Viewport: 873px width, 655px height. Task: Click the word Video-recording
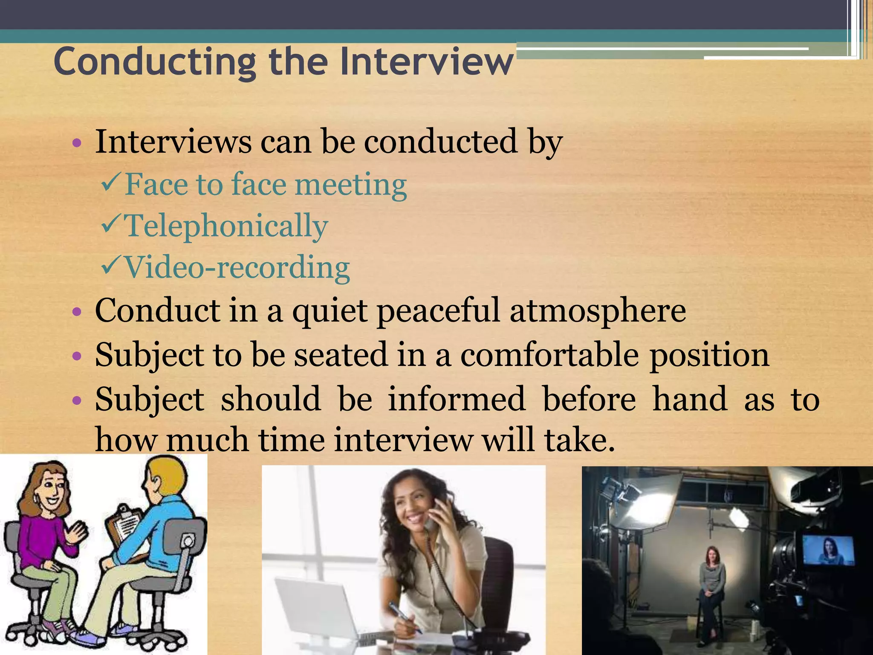(237, 268)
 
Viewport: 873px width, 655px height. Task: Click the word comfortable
(549, 355)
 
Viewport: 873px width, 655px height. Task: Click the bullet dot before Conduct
(77, 312)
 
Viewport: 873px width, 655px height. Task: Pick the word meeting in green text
(350, 185)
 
